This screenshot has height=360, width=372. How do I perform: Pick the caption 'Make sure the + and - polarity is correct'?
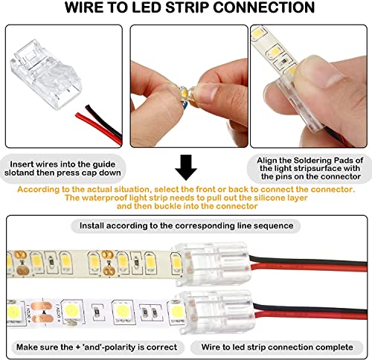[95, 347]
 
